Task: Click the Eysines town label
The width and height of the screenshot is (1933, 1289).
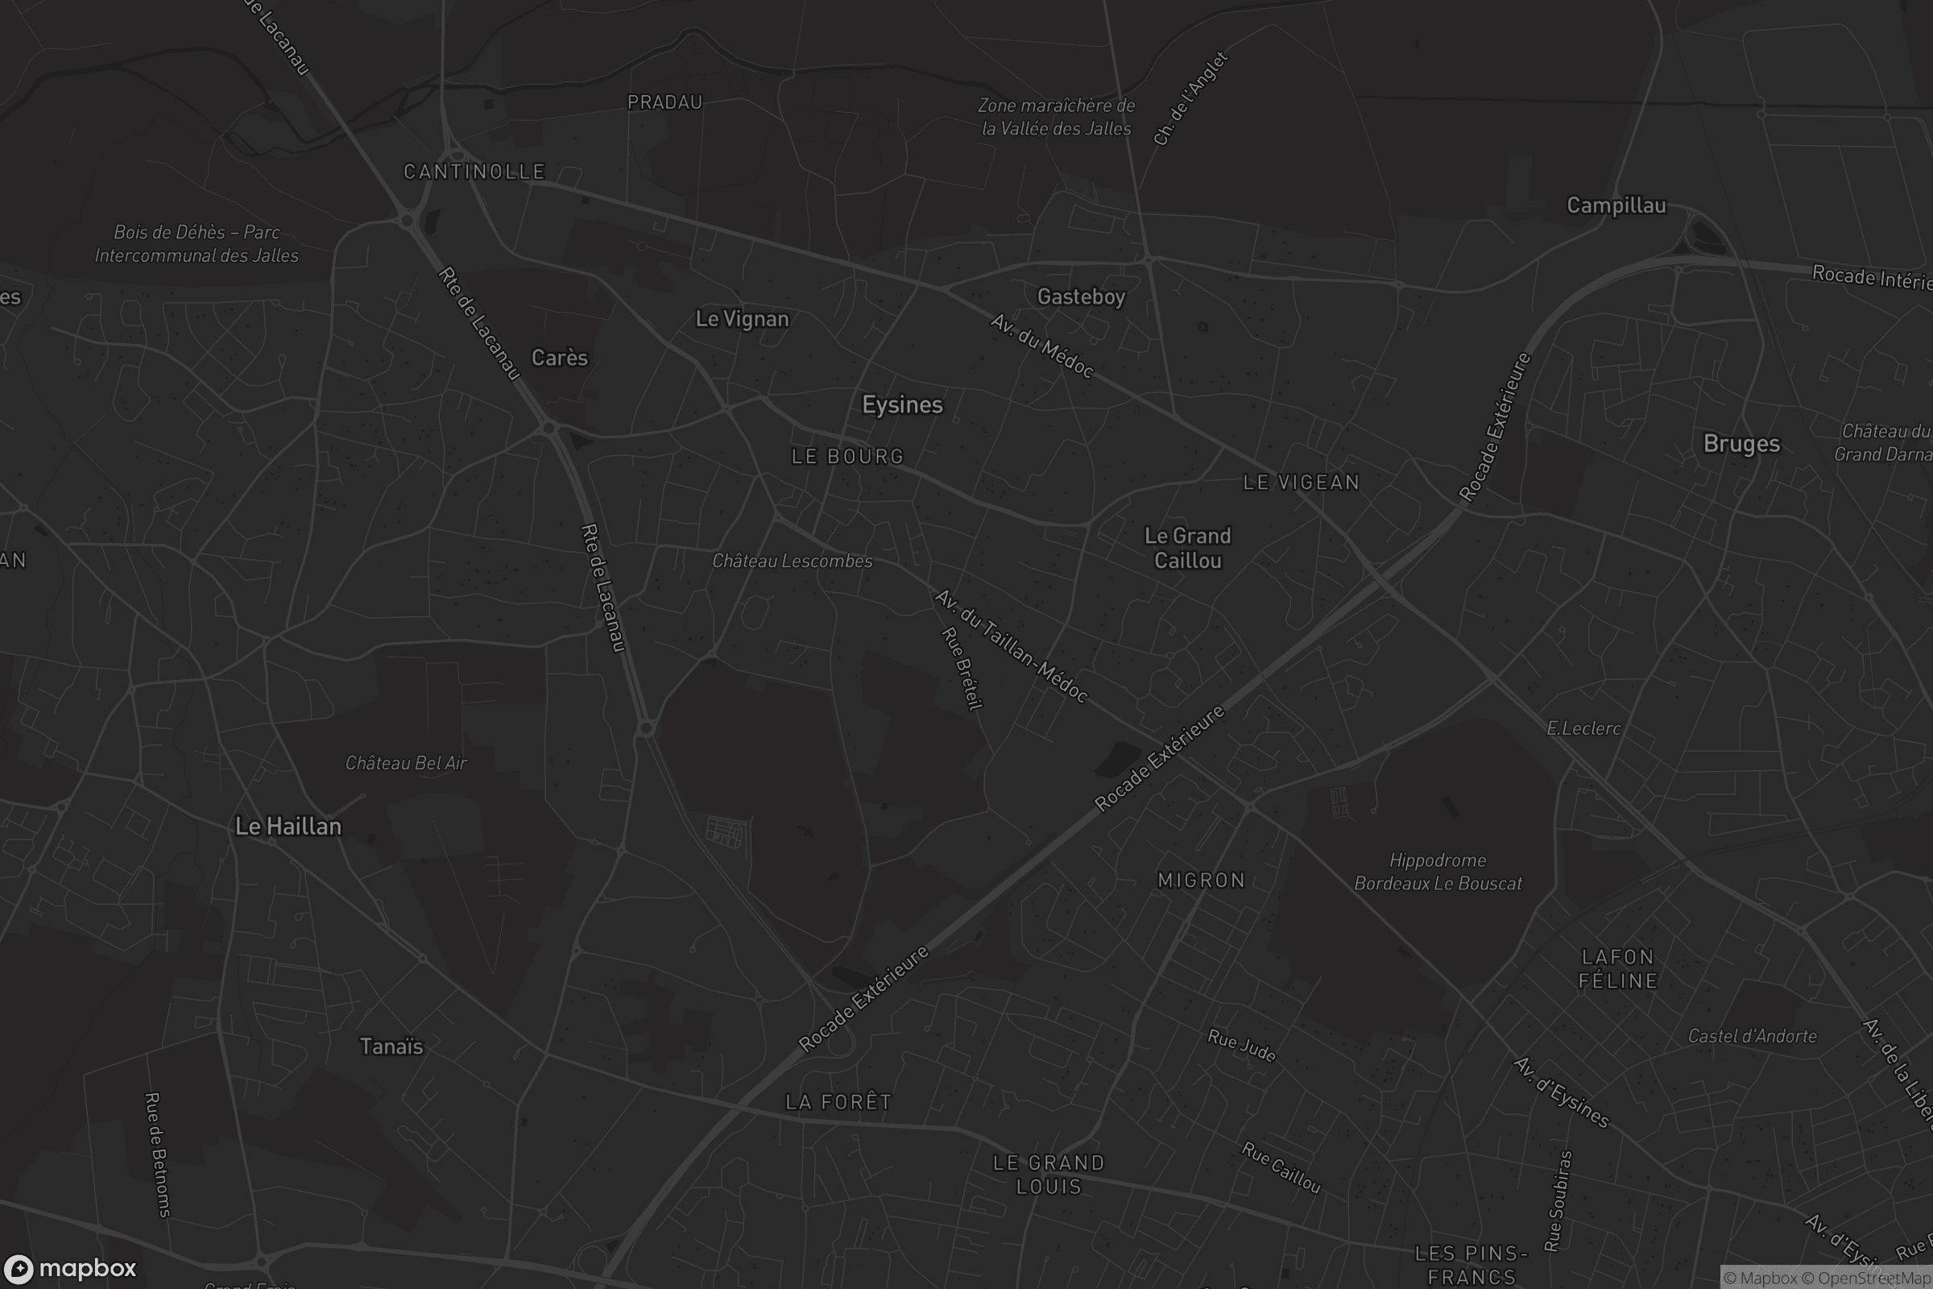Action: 901,404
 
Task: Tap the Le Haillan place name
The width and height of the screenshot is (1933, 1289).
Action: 288,827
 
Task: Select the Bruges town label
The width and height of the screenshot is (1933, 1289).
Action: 1741,444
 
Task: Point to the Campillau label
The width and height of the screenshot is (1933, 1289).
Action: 1616,205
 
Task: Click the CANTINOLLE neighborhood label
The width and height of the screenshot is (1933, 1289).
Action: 474,172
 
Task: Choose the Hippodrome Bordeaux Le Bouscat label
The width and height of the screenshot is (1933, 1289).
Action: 1438,872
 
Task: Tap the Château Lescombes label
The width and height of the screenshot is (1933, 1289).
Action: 793,561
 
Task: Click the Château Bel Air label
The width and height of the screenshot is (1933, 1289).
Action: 406,763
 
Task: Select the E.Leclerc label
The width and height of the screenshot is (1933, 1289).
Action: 1583,728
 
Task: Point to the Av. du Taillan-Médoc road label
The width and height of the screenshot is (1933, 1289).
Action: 1012,646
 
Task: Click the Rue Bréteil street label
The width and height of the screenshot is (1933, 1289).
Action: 962,668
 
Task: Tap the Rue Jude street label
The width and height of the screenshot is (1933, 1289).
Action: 1241,1045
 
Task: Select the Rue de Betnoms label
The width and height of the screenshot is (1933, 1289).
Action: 157,1154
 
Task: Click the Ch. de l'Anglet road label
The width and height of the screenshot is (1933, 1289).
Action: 1190,98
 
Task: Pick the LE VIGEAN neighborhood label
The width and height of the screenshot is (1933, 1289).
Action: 1301,483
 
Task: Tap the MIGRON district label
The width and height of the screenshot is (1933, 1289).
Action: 1201,881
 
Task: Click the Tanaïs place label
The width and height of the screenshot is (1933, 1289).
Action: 391,1047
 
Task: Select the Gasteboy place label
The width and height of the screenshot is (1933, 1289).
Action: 1081,296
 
